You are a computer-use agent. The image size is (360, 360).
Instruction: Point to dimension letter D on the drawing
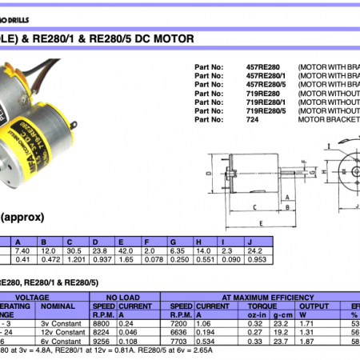click(x=207, y=172)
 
